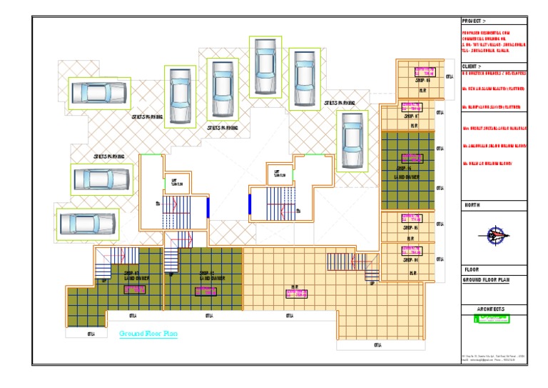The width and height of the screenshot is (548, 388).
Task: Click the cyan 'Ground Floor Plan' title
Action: [148, 334]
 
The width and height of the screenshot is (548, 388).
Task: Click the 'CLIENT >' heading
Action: [472, 66]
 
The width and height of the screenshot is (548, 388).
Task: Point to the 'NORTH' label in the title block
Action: [472, 206]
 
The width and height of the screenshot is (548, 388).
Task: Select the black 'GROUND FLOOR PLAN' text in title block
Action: [486, 280]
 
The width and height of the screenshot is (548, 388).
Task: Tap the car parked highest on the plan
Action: [263, 66]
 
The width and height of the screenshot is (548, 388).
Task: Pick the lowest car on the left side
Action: [87, 223]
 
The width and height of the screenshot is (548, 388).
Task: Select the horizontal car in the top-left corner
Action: [98, 93]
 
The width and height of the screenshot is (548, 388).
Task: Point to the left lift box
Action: [176, 182]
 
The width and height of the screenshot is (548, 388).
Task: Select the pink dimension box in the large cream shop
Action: [295, 293]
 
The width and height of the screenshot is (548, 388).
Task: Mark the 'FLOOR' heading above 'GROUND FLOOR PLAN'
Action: [471, 269]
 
